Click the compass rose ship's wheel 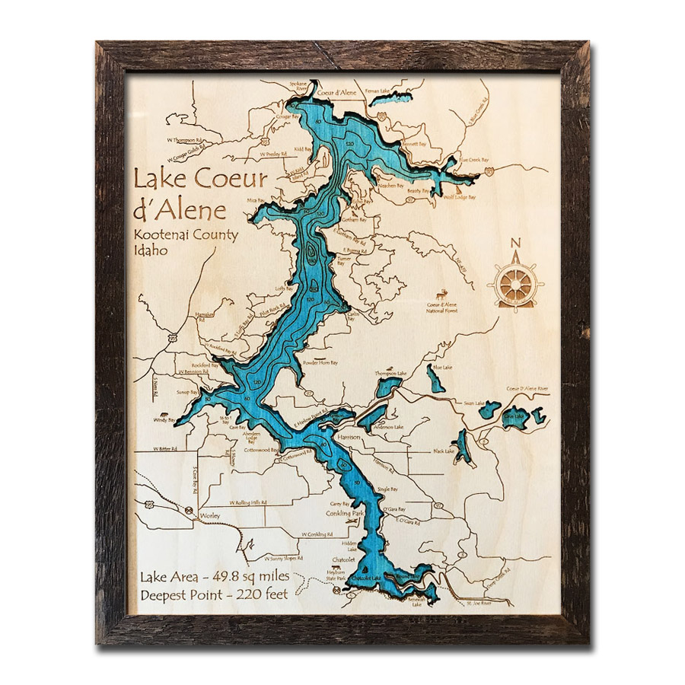(516, 284)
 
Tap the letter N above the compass (516, 244)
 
